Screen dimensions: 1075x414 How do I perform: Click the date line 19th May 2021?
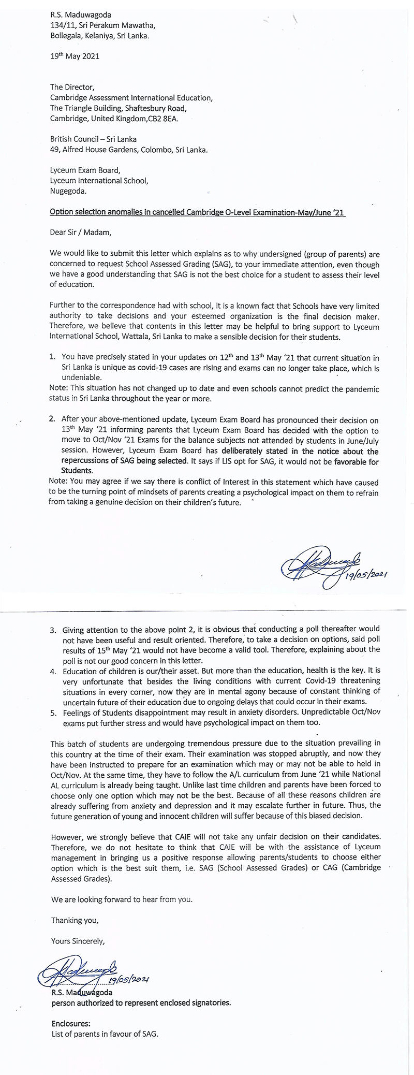click(75, 56)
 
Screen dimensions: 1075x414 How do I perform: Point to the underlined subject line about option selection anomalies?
click(197, 212)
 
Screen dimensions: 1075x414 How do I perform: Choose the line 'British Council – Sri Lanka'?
click(93, 139)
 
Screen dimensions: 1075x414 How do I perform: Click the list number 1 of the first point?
click(52, 357)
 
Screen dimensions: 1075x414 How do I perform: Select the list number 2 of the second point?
click(52, 418)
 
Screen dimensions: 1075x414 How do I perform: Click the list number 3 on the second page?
click(53, 630)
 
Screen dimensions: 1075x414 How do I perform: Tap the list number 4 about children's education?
click(53, 671)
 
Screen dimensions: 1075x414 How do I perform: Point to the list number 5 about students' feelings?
click(53, 713)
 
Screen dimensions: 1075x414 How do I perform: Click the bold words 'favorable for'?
click(357, 461)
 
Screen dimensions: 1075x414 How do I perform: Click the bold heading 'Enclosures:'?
click(71, 1023)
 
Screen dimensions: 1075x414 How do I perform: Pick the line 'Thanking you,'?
click(75, 920)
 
